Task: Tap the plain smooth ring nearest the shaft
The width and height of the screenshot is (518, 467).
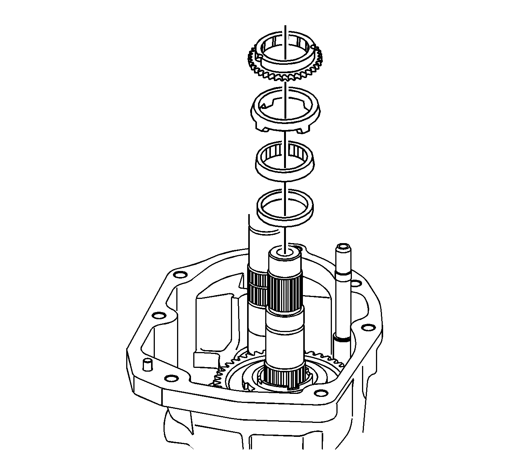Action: (x=285, y=210)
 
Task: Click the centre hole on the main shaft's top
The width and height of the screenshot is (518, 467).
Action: (x=285, y=253)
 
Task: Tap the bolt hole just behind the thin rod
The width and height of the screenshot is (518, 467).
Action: (x=355, y=283)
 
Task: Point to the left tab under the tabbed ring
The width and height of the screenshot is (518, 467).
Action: (x=266, y=130)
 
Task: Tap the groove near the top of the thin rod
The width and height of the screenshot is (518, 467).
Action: (x=343, y=273)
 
